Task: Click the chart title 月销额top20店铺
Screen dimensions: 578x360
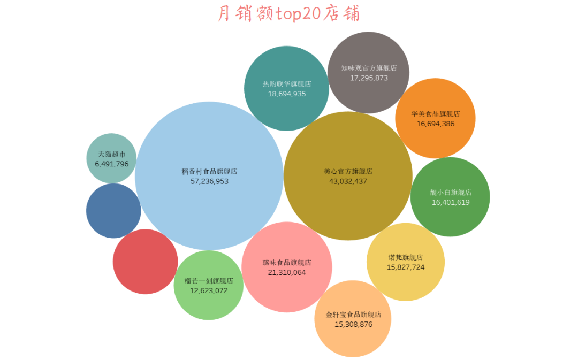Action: (288, 13)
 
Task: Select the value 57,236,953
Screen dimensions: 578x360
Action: (209, 181)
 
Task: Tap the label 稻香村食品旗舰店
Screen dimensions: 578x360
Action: (209, 172)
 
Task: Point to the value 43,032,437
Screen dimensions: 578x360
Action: (348, 181)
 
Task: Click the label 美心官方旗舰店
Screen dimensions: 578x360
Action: (348, 172)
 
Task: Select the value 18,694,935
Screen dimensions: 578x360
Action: (287, 94)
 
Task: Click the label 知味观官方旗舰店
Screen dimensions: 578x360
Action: (369, 68)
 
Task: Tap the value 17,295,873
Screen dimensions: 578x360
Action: (369, 78)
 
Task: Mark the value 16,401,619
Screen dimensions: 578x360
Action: (451, 202)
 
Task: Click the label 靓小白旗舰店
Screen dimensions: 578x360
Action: (451, 193)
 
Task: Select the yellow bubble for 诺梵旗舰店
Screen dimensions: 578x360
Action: (406, 284)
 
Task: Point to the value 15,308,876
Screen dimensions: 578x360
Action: (353, 324)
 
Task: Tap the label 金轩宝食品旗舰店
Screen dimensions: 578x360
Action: (353, 315)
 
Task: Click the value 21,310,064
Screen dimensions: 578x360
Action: (287, 272)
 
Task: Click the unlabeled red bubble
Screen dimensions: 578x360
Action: (145, 262)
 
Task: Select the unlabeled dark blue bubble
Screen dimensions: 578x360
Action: (113, 211)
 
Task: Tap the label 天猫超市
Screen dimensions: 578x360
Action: (112, 154)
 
